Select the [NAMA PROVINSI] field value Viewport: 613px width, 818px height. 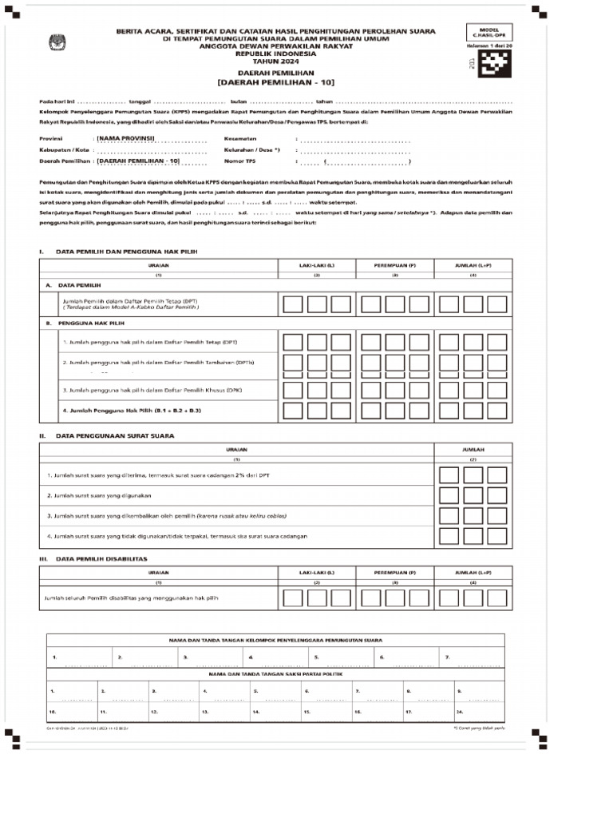point(125,138)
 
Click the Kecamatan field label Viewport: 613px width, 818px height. point(240,138)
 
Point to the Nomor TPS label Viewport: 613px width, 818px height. point(239,161)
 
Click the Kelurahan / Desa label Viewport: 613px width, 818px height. point(252,149)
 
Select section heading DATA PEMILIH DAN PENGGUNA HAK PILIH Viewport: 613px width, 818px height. point(125,252)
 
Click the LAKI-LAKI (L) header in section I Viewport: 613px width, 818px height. point(317,264)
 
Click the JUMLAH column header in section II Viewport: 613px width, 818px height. point(472,450)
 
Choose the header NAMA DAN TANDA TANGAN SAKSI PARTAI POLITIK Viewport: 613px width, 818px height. point(275,675)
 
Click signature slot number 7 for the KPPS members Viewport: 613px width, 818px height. point(448,657)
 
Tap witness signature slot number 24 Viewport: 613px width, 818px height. point(461,710)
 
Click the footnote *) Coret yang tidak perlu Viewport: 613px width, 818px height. point(479,729)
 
